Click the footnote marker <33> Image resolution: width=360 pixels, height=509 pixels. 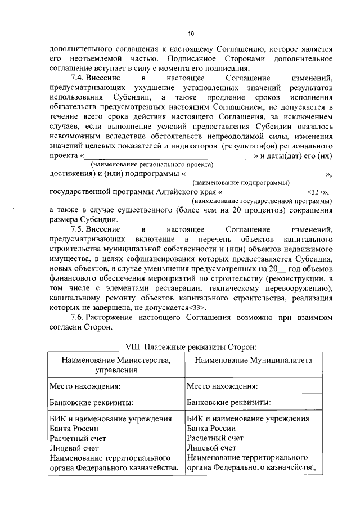click(x=197, y=308)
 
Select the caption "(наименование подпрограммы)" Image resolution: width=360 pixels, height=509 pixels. click(x=241, y=183)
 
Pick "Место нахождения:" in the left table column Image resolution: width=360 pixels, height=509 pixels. click(x=84, y=386)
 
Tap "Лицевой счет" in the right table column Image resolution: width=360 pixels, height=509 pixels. click(x=211, y=448)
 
